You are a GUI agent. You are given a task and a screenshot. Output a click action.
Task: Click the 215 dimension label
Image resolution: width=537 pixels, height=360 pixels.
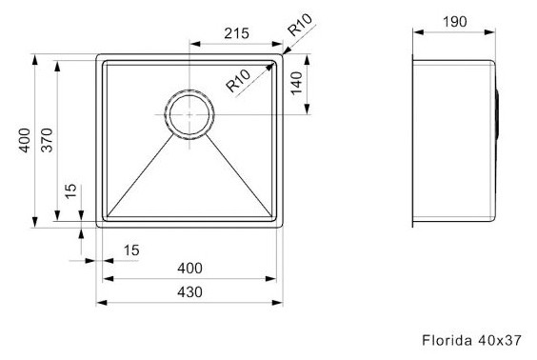point(236,33)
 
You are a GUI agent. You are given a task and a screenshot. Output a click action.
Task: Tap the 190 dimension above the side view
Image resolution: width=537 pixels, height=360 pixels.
point(454,22)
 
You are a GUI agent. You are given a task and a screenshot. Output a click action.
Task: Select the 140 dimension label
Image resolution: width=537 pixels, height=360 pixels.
point(296,83)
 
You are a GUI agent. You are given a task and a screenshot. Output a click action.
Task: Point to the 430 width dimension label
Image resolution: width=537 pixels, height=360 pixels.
point(189,291)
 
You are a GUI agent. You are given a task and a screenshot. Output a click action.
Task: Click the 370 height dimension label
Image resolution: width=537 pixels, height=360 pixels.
point(47,140)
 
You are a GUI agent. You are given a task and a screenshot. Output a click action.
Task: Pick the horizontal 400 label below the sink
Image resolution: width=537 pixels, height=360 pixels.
point(189,268)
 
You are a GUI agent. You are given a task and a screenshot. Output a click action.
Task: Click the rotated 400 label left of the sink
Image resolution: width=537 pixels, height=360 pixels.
point(25,140)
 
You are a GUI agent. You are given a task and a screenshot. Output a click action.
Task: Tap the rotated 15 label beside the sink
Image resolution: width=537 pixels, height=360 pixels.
point(70,191)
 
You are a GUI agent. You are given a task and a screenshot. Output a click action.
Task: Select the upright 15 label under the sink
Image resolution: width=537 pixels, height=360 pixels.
point(131,250)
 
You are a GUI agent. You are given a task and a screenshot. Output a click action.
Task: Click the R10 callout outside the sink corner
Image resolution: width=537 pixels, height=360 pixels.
point(300,25)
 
